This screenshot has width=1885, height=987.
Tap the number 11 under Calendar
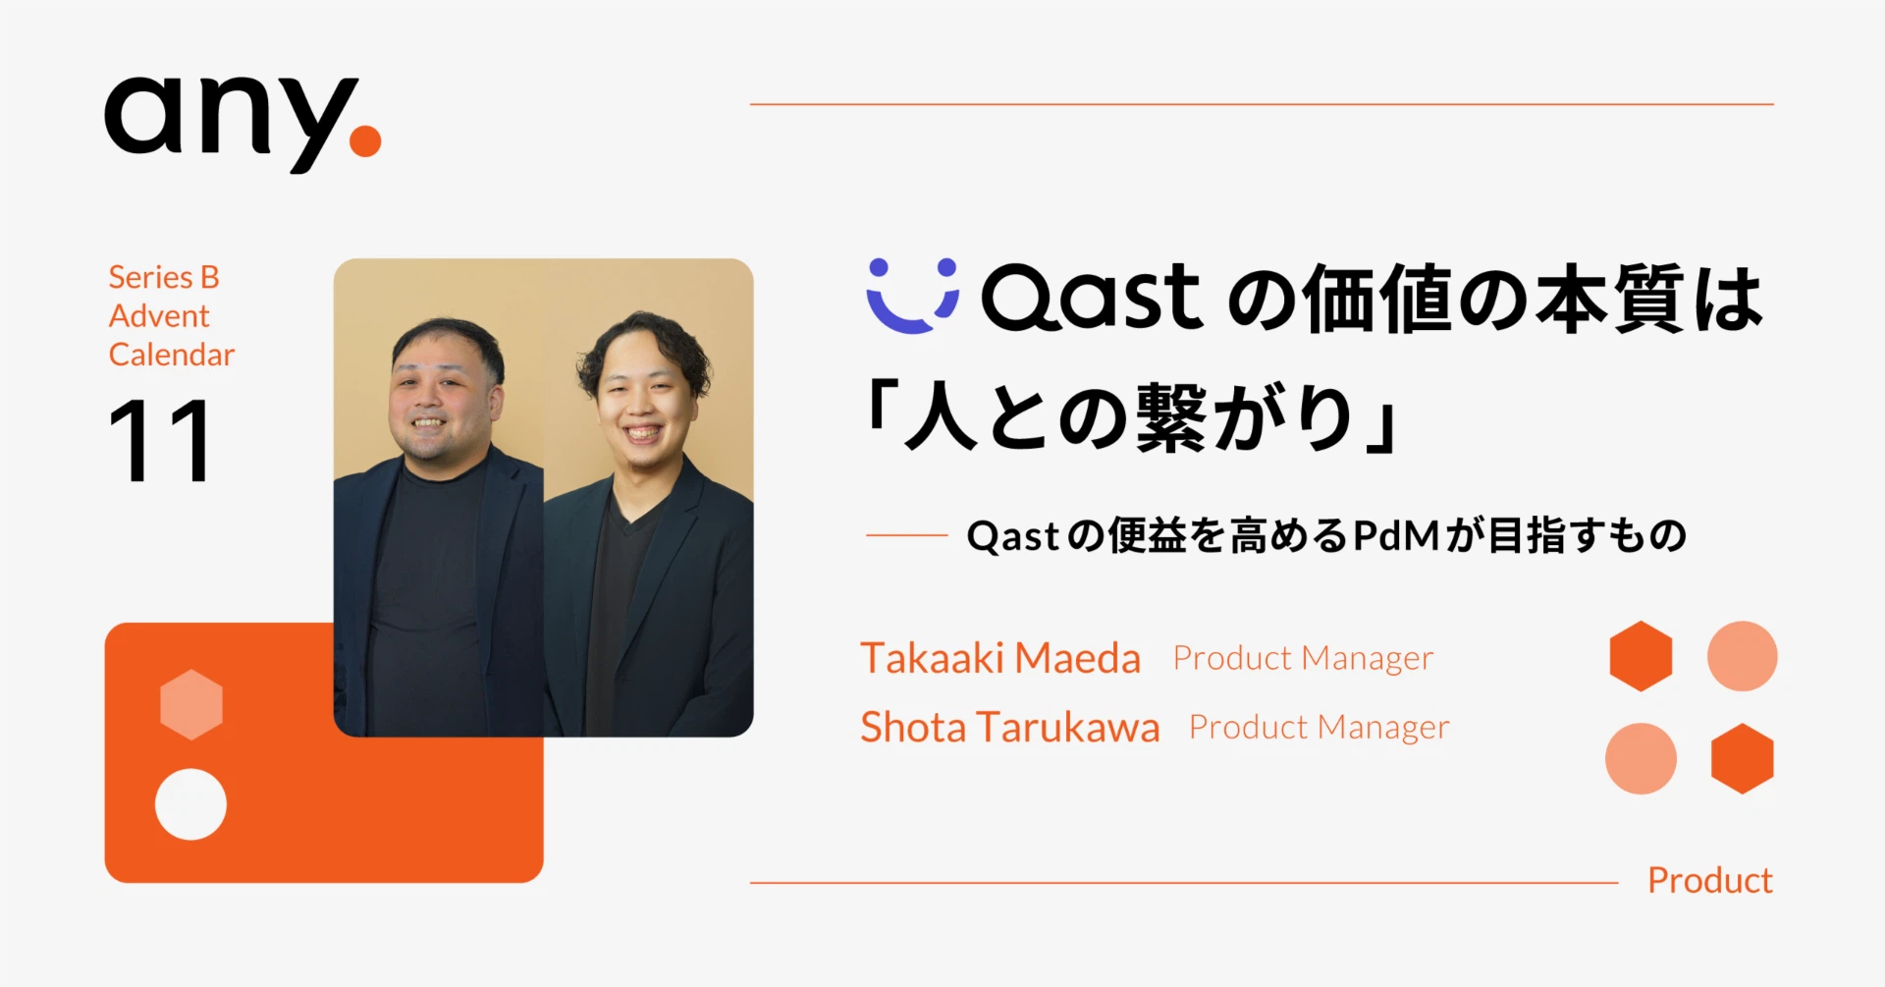159,441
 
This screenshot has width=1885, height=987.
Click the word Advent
159,316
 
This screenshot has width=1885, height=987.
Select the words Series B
164,277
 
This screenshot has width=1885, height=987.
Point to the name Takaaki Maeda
1000,658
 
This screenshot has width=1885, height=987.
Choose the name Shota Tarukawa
1010,728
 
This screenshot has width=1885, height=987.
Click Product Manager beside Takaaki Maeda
1303,658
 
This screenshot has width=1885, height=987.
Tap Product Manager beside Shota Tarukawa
1319,728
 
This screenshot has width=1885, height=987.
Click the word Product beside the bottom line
1709,881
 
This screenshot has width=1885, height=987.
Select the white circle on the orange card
190,804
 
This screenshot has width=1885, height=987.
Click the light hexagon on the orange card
191,704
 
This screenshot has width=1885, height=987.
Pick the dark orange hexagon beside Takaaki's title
1641,656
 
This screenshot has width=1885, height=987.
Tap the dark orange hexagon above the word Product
1742,758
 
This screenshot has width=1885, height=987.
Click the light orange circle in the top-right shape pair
1742,656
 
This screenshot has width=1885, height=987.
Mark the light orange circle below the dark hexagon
1641,758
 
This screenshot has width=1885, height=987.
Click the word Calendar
172,355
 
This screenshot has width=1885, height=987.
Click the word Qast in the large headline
1091,297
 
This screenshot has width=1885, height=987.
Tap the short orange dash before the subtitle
906,536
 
